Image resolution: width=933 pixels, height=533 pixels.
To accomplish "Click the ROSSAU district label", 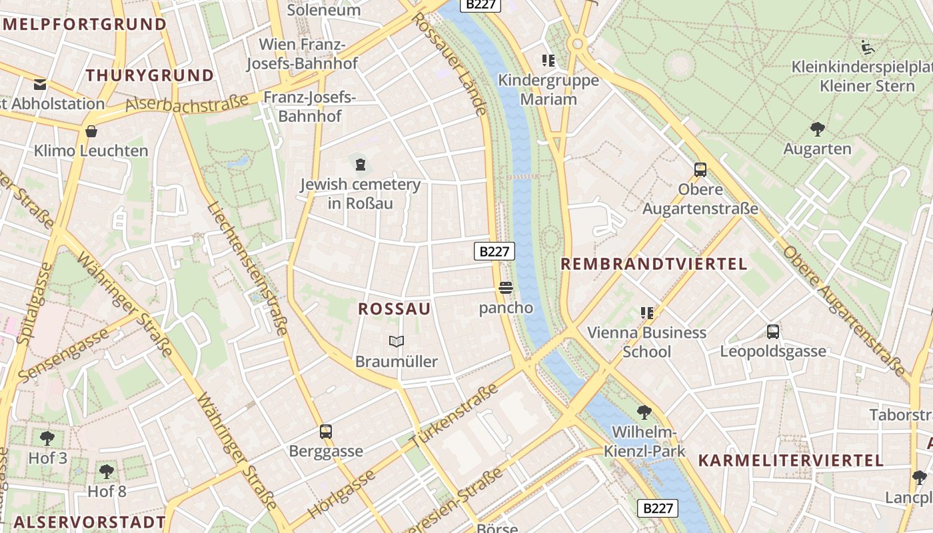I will point(394,309).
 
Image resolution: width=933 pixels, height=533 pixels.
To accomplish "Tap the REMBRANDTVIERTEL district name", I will point(654,264).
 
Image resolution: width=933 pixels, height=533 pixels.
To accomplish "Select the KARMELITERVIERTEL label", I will point(790,460).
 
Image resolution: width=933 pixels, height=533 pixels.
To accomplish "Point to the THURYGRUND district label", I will point(149,75).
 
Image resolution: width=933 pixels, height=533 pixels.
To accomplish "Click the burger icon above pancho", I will point(506,288).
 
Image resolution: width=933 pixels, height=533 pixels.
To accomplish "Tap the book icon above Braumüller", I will point(397,342).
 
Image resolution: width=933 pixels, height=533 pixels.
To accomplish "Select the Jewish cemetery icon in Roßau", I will point(361,164).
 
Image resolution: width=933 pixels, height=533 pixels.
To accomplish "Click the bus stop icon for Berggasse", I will point(326,432).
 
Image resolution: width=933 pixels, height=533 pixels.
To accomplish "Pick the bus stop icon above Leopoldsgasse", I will point(773,332).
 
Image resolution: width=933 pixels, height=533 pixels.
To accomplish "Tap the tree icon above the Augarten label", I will point(817,129).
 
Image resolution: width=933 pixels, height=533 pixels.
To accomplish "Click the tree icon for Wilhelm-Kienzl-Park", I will point(644,412).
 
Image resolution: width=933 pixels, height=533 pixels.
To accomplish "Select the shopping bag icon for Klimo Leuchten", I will point(91,131).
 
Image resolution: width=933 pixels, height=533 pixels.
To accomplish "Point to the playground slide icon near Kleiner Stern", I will point(867,47).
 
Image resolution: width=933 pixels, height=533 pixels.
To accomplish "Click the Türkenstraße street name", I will point(455,416).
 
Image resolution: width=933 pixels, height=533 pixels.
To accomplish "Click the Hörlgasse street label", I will point(342,494).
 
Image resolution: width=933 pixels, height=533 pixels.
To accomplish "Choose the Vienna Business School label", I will point(646,342).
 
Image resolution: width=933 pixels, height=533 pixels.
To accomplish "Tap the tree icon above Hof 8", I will point(106,472).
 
